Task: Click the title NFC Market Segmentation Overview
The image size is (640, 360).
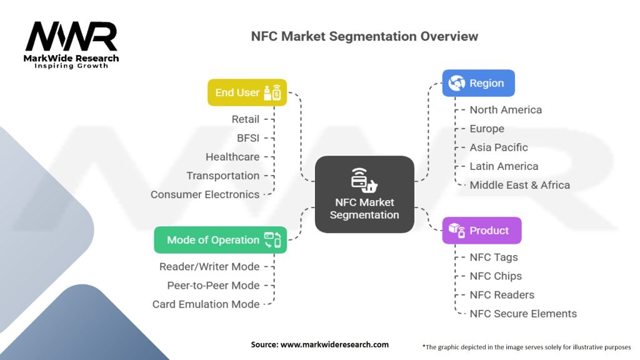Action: [364, 36]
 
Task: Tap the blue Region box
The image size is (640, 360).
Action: [478, 83]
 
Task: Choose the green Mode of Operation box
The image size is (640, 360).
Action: [220, 240]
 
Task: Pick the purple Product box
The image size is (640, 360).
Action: [481, 231]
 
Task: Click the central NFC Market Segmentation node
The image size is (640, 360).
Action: [364, 194]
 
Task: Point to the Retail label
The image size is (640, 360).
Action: [245, 119]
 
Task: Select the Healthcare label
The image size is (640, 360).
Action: [232, 157]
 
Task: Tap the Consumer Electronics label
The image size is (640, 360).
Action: [205, 194]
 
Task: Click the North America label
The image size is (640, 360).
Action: [506, 110]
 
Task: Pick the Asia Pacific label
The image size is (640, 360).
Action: [499, 147]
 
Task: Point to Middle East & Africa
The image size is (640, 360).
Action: [519, 185]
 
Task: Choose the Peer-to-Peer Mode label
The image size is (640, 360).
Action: [213, 286]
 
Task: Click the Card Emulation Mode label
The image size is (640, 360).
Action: [206, 304]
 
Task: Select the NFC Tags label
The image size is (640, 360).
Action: [494, 257]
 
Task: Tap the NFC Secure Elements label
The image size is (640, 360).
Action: [523, 314]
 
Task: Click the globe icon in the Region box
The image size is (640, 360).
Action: [456, 83]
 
